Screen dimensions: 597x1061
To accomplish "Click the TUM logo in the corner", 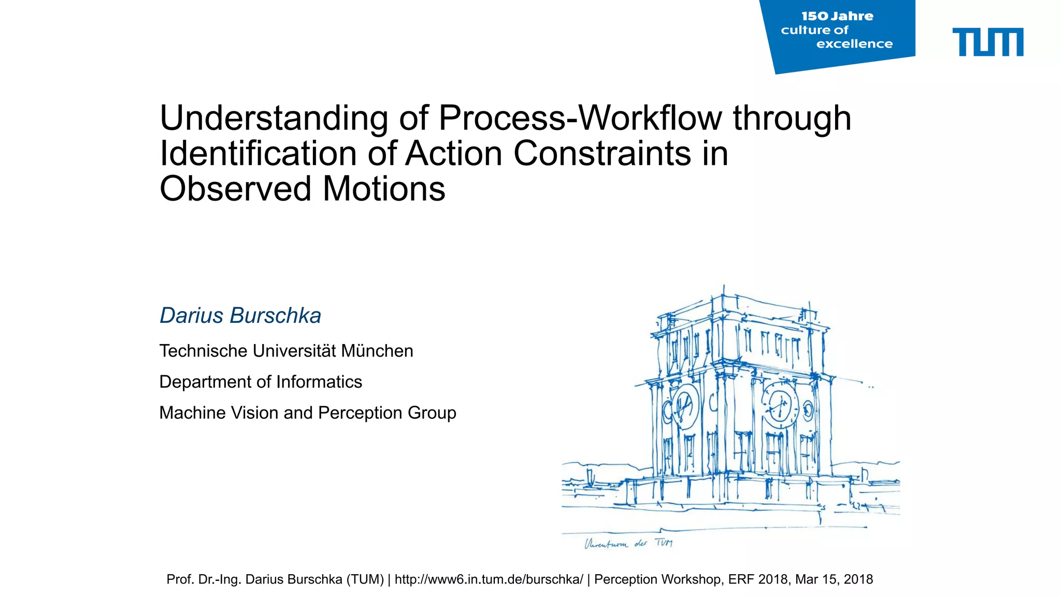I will click(987, 42).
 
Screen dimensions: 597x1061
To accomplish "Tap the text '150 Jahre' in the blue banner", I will click(837, 17).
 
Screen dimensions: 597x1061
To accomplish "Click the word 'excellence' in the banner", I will click(854, 44).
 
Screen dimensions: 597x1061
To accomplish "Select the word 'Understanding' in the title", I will click(274, 119).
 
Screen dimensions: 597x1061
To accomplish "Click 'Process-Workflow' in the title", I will click(580, 119).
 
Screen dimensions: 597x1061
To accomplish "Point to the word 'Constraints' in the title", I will click(602, 154).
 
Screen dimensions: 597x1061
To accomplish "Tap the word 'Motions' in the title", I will click(384, 189).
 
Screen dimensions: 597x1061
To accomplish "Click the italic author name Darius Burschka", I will click(240, 316).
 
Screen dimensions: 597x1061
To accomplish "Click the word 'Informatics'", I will click(319, 382).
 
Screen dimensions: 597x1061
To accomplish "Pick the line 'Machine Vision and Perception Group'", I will click(308, 413).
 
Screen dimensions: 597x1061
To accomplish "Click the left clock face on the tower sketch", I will click(685, 406).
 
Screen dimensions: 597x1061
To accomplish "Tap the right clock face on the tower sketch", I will click(780, 405).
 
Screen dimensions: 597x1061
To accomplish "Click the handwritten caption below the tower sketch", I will click(628, 544).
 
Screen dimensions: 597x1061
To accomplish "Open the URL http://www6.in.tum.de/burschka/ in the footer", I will click(489, 579).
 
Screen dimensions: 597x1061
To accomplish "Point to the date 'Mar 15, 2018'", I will click(834, 579).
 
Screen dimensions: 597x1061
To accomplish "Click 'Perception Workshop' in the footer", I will click(657, 579).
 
